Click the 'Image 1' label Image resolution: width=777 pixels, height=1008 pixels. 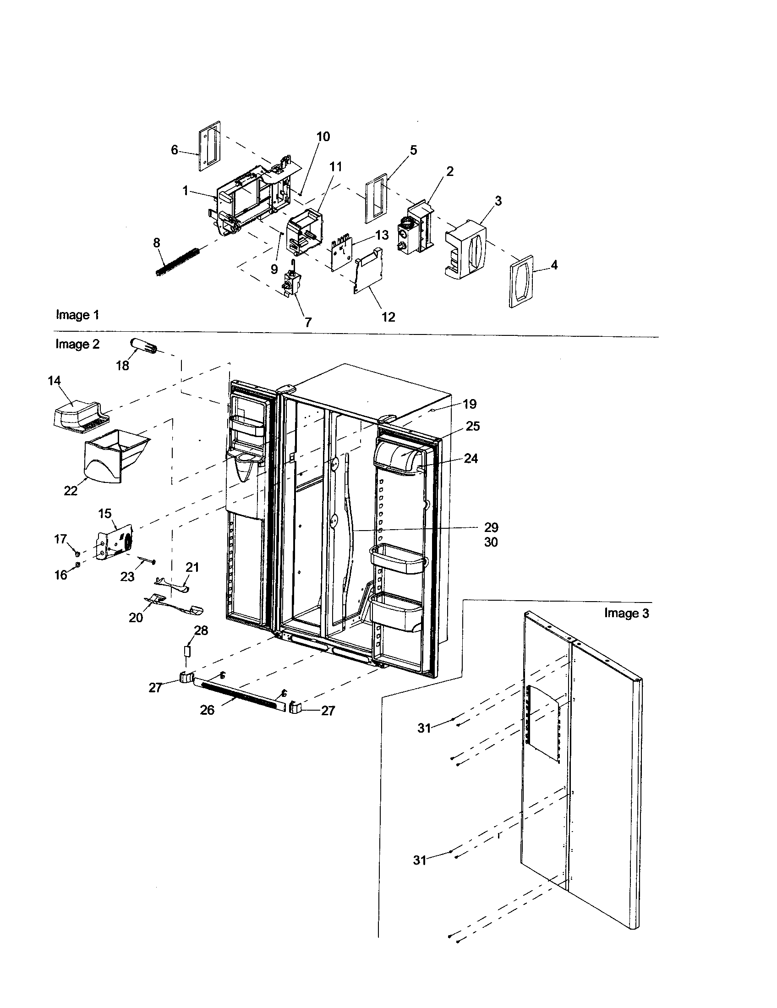point(77,315)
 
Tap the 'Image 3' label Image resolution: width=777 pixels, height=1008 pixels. point(626,613)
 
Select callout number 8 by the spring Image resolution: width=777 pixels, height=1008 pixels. point(157,243)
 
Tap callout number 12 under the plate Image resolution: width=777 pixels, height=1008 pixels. point(388,317)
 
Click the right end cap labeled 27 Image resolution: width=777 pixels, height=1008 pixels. point(296,707)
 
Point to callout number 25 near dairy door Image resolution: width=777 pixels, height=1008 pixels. point(472,426)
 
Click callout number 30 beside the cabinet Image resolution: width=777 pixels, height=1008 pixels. point(491,542)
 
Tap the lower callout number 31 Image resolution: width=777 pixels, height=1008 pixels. point(419,860)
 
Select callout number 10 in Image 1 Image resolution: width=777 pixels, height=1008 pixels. point(323,137)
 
